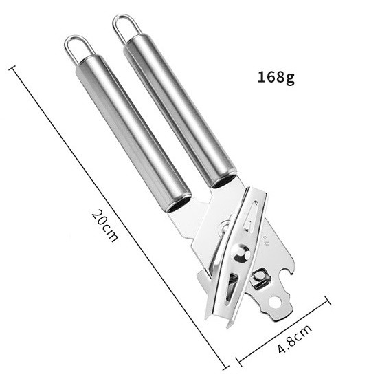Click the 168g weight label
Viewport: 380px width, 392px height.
pos(276,77)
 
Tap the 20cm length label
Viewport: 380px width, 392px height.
pos(104,226)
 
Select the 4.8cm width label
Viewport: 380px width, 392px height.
pos(295,338)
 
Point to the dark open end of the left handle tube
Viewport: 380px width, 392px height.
pos(179,203)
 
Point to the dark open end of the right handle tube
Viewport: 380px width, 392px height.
pos(224,181)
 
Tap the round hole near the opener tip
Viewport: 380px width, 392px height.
pos(276,302)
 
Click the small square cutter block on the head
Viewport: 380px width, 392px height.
pos(260,276)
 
